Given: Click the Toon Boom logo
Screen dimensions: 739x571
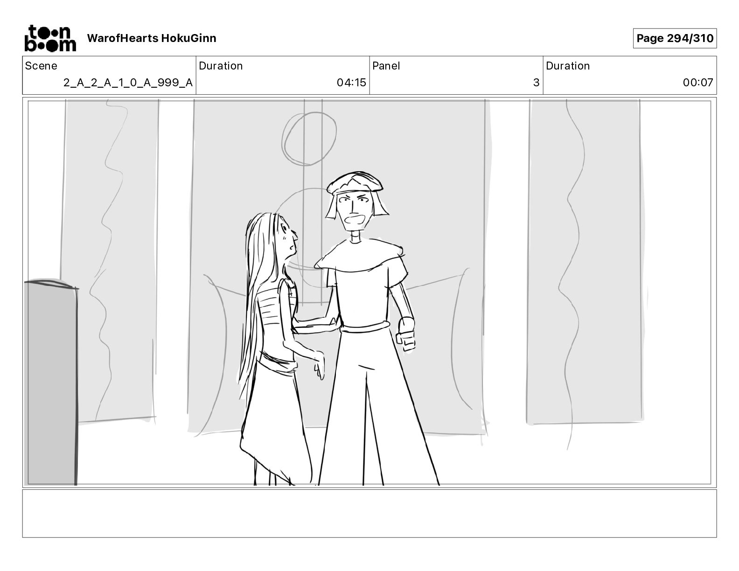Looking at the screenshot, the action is (50, 38).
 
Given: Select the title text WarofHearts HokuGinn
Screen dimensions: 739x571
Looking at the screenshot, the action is (152, 38).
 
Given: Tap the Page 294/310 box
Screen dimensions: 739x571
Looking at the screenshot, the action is (675, 38).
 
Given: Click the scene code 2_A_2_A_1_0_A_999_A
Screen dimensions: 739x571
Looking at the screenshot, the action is (128, 83).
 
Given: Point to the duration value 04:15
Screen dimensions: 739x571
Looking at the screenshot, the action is (351, 83).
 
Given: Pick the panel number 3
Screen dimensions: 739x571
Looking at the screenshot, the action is (537, 83).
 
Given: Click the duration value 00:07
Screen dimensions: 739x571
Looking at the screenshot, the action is (698, 83).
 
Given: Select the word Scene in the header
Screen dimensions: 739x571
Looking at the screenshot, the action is (41, 66).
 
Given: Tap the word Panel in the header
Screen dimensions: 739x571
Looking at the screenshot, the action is (386, 66).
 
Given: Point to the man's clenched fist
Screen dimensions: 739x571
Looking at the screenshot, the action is (406, 334).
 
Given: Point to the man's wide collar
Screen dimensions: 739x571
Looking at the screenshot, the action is (359, 255).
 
